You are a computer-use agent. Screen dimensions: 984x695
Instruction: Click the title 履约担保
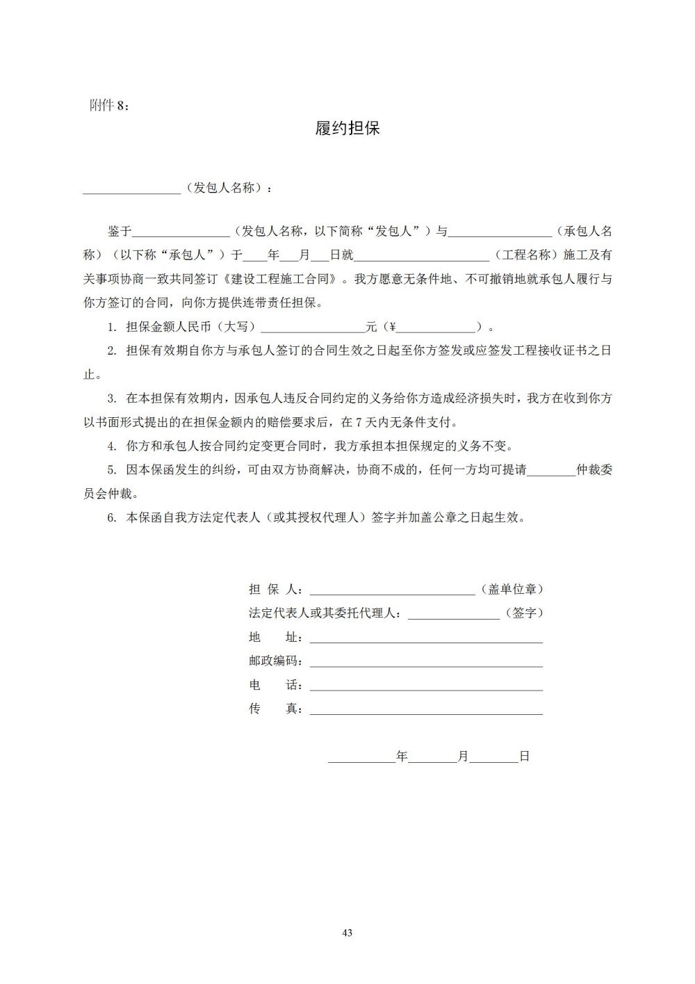[x=347, y=129]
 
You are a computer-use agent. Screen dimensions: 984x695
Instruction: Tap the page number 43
[x=347, y=933]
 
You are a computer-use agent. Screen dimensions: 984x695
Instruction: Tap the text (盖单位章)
[x=512, y=590]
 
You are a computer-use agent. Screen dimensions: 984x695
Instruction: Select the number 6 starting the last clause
[x=111, y=518]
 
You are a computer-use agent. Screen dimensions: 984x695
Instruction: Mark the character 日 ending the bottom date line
[x=525, y=757]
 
